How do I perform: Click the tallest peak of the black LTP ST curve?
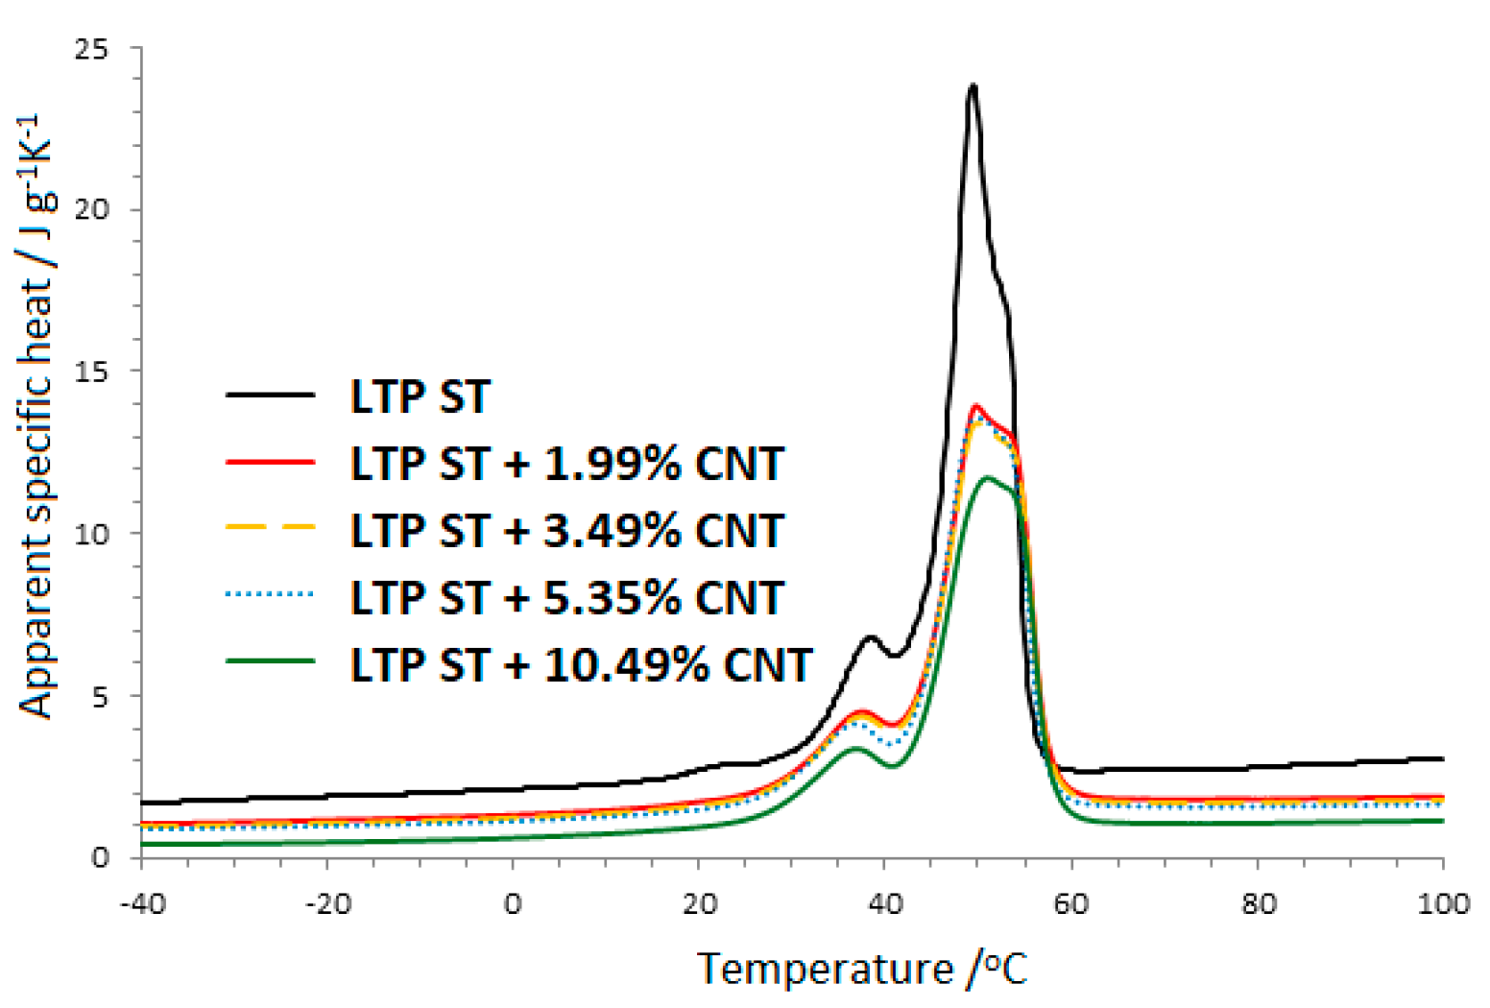973,85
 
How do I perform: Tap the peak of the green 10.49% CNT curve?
988,478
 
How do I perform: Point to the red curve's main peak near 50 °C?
976,406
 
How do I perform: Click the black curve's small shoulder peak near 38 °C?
870,637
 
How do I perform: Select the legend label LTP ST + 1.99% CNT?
566,464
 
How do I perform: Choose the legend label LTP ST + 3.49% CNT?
566,531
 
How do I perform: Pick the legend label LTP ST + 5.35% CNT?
566,597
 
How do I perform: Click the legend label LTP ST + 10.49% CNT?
581,664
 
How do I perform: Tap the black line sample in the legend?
270,396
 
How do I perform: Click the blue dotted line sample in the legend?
270,595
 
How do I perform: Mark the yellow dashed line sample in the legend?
270,527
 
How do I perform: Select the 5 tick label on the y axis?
100,696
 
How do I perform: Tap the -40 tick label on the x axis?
142,904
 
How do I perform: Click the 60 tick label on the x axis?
1071,904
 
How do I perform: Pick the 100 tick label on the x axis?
1442,904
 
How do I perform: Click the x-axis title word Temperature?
824,969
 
